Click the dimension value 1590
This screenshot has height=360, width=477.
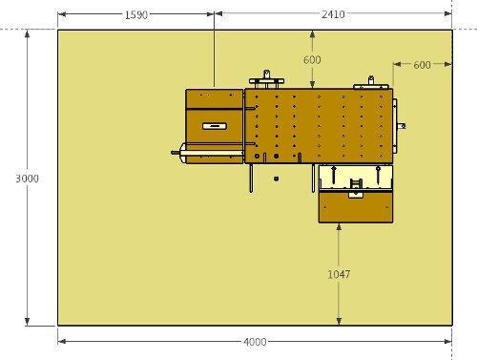click(135, 15)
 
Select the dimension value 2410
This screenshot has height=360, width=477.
click(333, 14)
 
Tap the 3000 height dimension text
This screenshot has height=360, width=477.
click(28, 179)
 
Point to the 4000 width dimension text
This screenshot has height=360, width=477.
click(255, 342)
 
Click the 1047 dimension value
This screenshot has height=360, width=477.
click(339, 274)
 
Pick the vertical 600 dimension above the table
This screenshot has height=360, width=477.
click(312, 60)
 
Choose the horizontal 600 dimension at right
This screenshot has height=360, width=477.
click(422, 65)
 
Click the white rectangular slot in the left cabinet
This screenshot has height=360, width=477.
click(215, 126)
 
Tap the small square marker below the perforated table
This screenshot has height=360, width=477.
click(276, 179)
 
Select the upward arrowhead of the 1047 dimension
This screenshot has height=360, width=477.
click(339, 226)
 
